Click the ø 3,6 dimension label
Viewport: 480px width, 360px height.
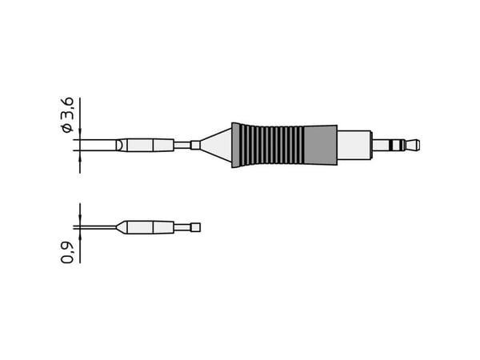point(67,114)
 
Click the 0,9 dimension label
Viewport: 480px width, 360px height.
point(67,253)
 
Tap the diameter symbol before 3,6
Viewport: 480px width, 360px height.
point(67,129)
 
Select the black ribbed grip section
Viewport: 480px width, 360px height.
point(268,145)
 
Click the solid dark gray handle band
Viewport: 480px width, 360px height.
point(321,145)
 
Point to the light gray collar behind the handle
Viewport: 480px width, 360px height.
point(354,145)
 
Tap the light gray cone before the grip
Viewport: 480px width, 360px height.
point(216,145)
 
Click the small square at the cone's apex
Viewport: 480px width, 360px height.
point(195,145)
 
